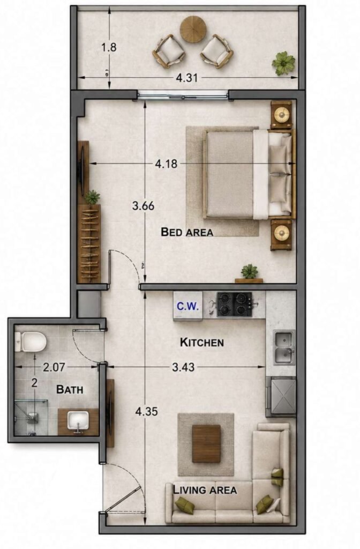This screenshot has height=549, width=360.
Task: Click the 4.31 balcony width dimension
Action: click(x=187, y=78)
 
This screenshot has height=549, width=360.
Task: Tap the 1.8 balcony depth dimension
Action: click(x=109, y=47)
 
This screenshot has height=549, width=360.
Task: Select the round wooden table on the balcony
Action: click(x=193, y=29)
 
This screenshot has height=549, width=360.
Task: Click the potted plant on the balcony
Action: click(x=283, y=63)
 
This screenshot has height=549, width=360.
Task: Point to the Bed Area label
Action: click(x=187, y=232)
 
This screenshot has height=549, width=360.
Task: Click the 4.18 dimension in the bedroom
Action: click(x=166, y=164)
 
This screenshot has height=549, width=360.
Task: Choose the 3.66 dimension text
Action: click(x=143, y=205)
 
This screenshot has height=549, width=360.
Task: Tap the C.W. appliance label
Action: click(x=187, y=306)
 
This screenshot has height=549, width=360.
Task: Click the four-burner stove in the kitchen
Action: click(x=234, y=305)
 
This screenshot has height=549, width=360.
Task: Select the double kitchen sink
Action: click(x=284, y=347)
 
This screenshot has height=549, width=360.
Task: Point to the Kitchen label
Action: click(x=202, y=342)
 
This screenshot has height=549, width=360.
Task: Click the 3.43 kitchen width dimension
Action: click(x=183, y=367)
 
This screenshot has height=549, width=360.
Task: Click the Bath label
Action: click(x=70, y=389)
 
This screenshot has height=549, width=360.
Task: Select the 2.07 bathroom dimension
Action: click(x=54, y=367)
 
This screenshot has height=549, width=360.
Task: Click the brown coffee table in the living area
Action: click(x=206, y=443)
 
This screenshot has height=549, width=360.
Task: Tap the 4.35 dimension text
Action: click(x=147, y=411)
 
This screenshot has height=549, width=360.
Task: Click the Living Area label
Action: click(x=205, y=490)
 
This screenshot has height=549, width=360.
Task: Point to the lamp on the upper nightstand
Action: click(x=281, y=114)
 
